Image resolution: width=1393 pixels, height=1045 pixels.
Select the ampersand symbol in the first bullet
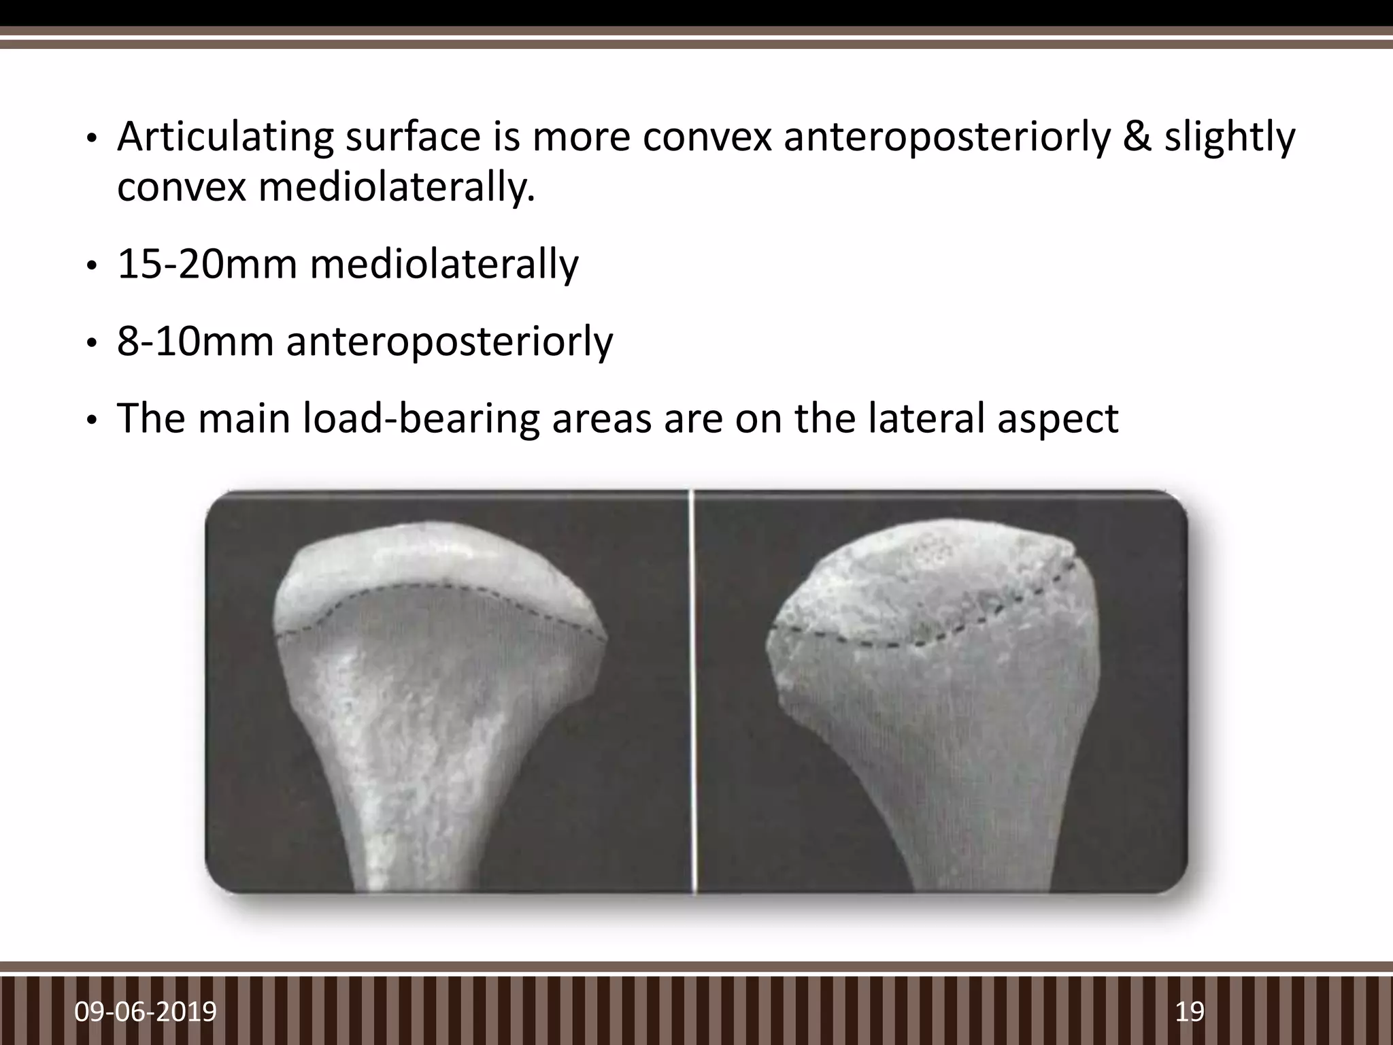coord(1136,137)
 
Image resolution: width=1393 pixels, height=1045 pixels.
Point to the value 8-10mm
coord(195,342)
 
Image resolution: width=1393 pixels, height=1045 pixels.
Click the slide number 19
coord(1190,1011)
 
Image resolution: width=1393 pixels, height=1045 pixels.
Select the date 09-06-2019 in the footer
coord(146,1011)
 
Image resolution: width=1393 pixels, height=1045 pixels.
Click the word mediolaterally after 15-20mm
coord(444,265)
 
